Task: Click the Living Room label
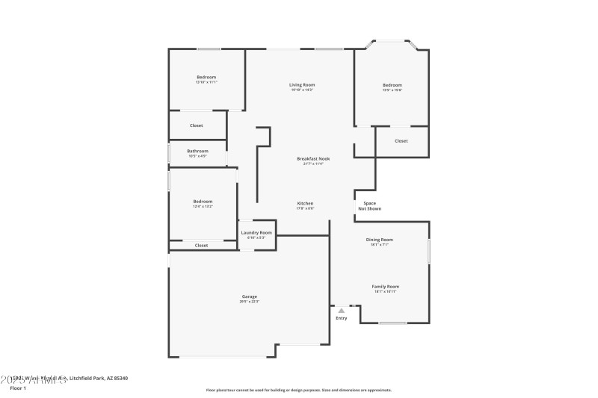302,85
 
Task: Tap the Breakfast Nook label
313,159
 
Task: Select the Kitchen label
305,203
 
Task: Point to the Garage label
249,296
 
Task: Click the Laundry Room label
256,232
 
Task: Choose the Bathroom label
197,151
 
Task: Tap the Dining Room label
379,240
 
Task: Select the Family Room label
386,286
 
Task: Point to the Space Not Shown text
370,206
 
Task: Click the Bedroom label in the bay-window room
392,85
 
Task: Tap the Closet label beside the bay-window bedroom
401,140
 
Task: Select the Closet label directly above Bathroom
196,125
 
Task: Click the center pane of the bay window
392,40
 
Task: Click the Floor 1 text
18,388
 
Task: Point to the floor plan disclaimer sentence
298,390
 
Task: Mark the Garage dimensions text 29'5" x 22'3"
249,302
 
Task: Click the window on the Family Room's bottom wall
392,323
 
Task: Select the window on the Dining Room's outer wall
429,251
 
